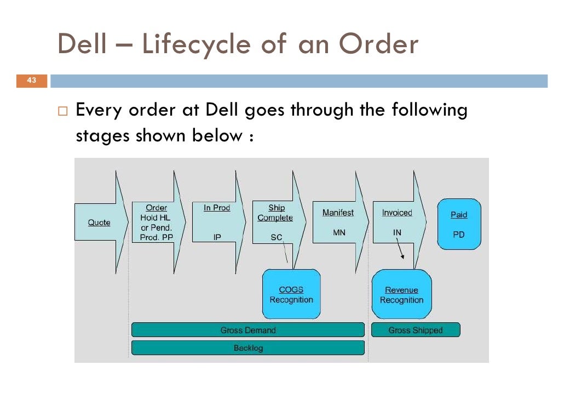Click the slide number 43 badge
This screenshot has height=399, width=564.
32,81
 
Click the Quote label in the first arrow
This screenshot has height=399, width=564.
99,223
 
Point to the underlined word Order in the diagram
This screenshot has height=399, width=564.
157,208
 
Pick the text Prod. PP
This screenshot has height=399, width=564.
155,237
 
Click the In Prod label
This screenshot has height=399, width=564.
217,208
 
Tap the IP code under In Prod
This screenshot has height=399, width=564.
217,238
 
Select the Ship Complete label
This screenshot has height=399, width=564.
275,213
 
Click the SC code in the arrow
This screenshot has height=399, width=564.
277,238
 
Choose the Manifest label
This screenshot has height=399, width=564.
338,213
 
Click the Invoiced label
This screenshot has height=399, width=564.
397,213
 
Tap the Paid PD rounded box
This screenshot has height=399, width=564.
459,224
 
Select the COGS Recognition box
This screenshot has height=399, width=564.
291,294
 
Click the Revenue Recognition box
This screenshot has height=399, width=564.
401,294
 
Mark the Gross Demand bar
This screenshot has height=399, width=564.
248,330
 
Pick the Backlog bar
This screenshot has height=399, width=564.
248,348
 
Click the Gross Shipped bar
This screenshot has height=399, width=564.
416,330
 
